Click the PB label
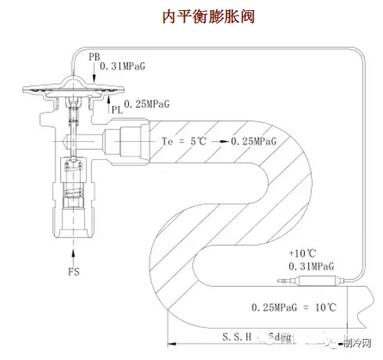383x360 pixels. pyautogui.click(x=95, y=57)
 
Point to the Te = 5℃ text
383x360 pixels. pyautogui.click(x=186, y=142)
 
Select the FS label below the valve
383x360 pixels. pyautogui.click(x=75, y=274)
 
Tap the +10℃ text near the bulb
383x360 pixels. pyautogui.click(x=302, y=254)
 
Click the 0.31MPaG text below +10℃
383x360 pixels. pyautogui.click(x=313, y=266)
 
